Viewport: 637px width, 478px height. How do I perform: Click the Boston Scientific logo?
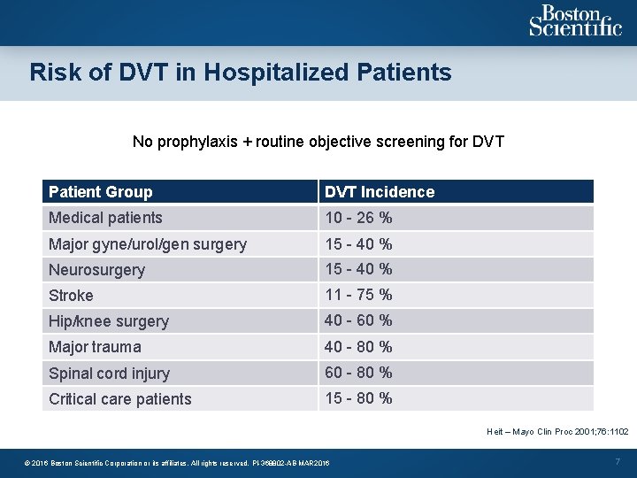(575, 20)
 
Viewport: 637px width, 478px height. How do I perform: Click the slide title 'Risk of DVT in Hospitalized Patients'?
(241, 72)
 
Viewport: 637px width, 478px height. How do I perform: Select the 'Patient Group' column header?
(101, 192)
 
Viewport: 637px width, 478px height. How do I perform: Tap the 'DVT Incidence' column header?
(380, 192)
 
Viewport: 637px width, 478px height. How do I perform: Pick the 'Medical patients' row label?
(105, 218)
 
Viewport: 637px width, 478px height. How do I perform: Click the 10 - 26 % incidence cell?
(358, 218)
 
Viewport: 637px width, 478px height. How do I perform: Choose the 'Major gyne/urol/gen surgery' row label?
(148, 244)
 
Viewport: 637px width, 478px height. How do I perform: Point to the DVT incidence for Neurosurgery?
(358, 269)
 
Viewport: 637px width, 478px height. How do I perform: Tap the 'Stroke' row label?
(71, 296)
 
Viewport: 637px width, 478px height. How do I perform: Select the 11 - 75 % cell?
(358, 295)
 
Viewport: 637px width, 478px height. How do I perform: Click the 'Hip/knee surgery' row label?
(109, 321)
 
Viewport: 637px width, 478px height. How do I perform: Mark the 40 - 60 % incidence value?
(358, 320)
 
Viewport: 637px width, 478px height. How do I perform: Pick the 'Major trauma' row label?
(95, 347)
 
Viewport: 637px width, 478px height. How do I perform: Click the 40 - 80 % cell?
(358, 347)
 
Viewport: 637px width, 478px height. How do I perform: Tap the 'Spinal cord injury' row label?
(109, 374)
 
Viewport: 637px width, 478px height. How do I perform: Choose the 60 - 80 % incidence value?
(358, 373)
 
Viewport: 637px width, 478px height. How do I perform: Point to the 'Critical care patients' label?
(120, 399)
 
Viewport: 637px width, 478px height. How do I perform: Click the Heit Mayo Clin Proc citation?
(557, 432)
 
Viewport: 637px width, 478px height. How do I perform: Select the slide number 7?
(618, 462)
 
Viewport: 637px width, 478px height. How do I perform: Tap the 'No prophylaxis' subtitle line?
(318, 142)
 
